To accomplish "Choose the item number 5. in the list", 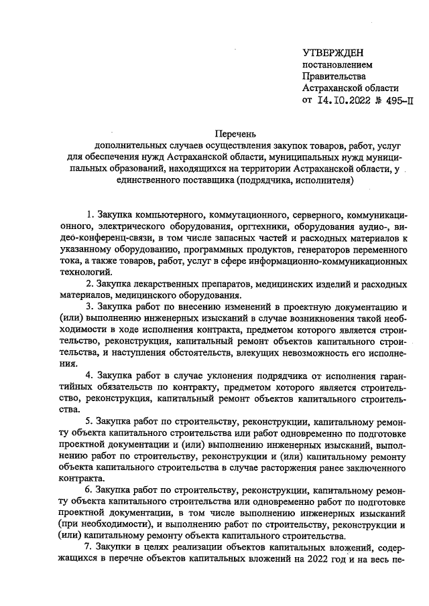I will pyautogui.click(x=90, y=422).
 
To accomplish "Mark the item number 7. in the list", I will pyautogui.click(x=90, y=547).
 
